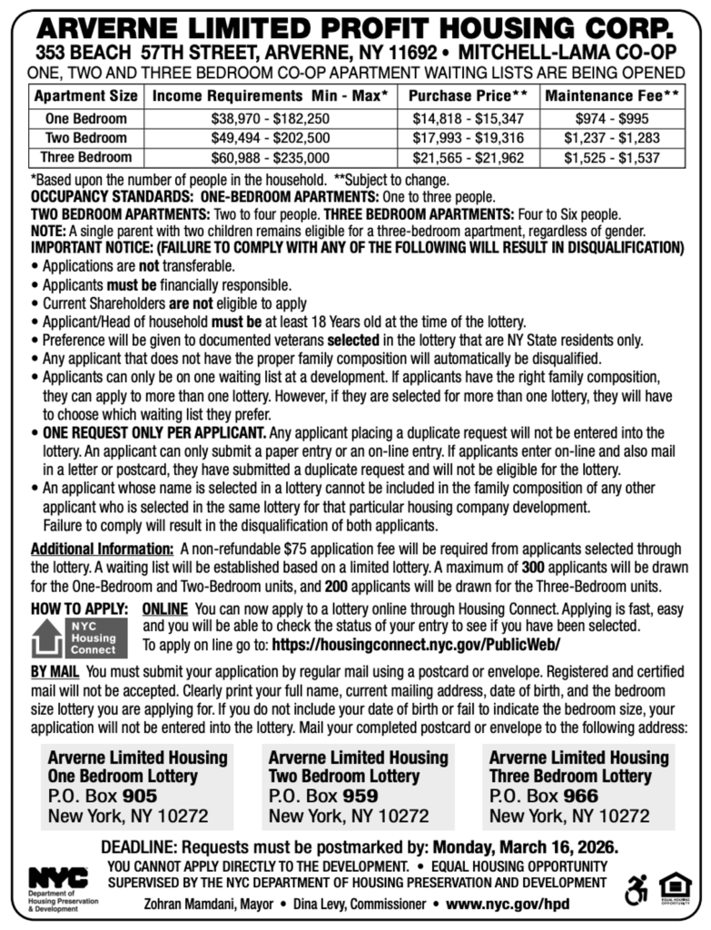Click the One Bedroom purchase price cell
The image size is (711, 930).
(469, 119)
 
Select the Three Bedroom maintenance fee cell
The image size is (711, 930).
(613, 157)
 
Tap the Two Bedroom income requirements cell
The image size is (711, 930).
(271, 138)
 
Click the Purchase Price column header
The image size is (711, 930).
(469, 95)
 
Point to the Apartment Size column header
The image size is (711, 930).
(86, 95)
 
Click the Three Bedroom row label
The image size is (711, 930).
(86, 157)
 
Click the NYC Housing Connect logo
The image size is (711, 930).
(75, 638)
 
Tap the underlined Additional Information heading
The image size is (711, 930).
(103, 549)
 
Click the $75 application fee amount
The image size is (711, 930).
(294, 549)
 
